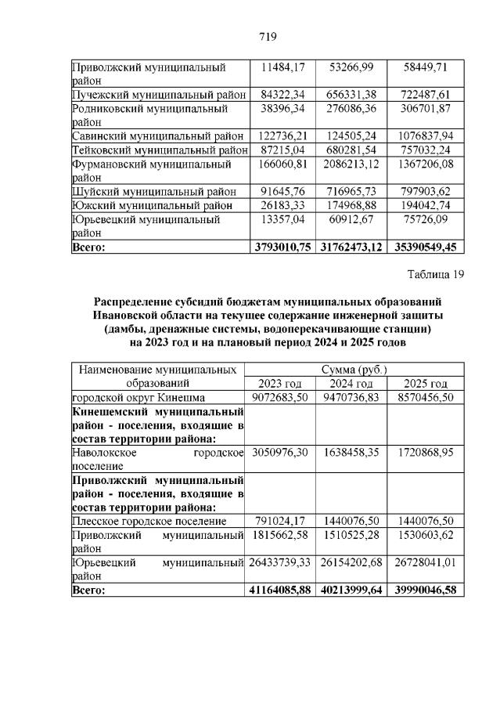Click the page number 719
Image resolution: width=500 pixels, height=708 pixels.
pyautogui.click(x=268, y=37)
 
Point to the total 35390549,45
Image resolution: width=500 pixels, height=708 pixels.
pyautogui.click(x=426, y=247)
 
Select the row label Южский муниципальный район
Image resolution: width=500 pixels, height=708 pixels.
pyautogui.click(x=152, y=204)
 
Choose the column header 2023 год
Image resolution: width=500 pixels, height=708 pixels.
pyautogui.click(x=279, y=383)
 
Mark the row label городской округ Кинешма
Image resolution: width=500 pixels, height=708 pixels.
pyautogui.click(x=138, y=397)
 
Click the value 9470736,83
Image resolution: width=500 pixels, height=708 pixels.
pyautogui.click(x=354, y=397)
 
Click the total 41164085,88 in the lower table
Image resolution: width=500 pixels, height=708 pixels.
pyautogui.click(x=281, y=590)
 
